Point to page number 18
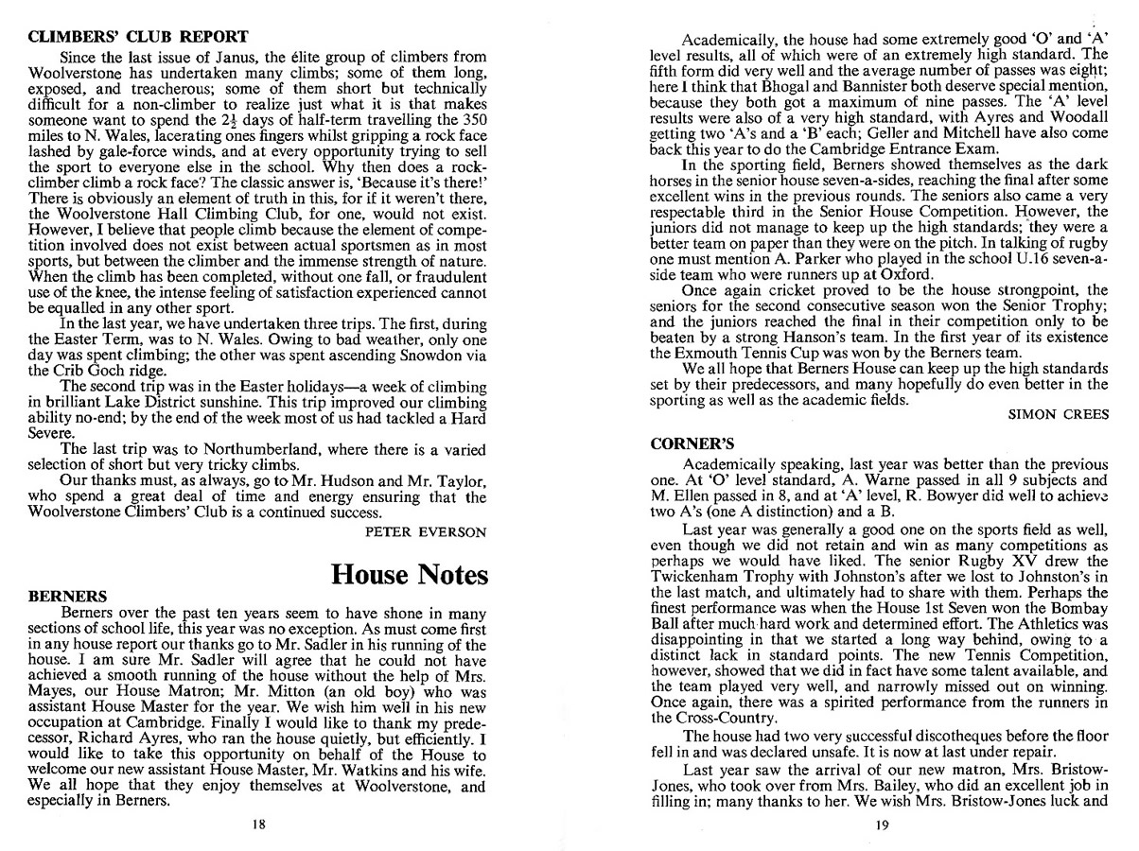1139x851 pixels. (x=258, y=825)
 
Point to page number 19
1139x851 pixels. (x=882, y=825)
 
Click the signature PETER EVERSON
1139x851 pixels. (x=426, y=532)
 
